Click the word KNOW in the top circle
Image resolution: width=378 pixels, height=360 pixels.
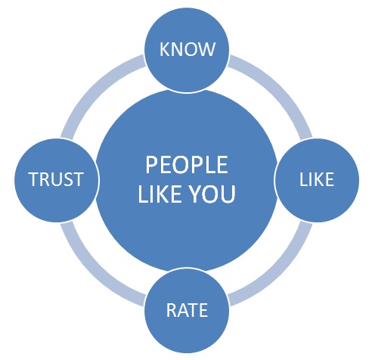pos(187,49)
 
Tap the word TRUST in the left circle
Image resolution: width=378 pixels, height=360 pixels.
pos(56,179)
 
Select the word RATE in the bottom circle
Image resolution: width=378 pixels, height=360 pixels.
pos(187,310)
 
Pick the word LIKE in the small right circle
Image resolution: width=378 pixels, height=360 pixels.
pos(317,179)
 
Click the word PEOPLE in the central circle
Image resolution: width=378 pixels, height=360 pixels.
pos(187,165)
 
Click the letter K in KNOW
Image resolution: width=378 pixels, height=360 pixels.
pos(165,49)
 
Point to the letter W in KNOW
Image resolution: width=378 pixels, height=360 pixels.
pos(207,49)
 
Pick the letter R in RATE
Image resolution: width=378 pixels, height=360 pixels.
pos(172,310)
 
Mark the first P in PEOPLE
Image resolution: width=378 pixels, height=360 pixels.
pos(150,165)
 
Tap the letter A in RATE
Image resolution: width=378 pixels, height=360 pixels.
pos(182,310)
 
